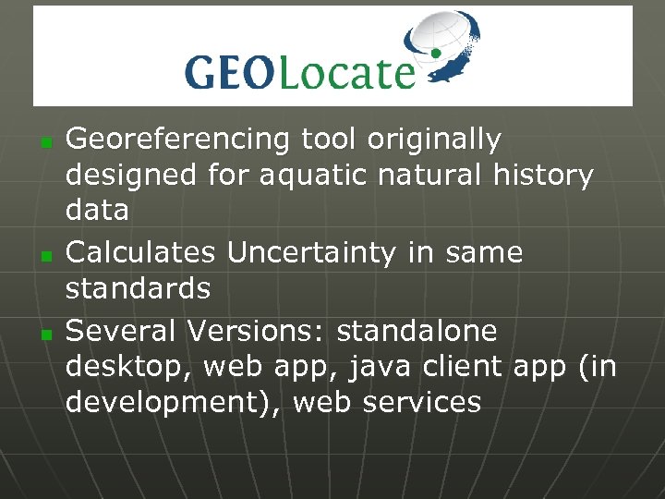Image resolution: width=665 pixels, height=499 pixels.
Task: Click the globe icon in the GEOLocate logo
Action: tap(442, 48)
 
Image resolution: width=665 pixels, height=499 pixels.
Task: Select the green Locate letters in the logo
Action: tap(345, 71)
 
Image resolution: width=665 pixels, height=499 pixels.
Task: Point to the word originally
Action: tap(434, 140)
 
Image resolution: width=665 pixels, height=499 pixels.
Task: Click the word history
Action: tap(540, 175)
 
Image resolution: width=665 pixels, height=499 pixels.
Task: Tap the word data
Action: tap(97, 210)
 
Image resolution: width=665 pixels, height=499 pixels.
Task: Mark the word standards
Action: tap(138, 287)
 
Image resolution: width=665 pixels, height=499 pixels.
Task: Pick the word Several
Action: tap(121, 330)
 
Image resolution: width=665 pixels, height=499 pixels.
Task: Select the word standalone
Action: tap(417, 330)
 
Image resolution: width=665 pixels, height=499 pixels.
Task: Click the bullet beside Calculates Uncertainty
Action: tap(44, 254)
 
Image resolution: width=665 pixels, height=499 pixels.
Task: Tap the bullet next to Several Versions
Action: tap(44, 332)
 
